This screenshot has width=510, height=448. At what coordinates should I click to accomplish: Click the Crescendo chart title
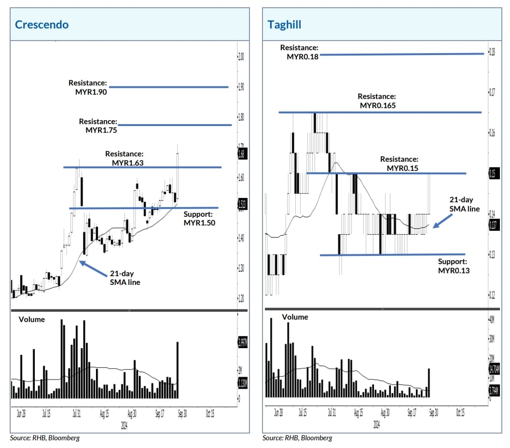coord(41,25)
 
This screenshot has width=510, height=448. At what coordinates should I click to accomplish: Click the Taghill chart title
coord(285,25)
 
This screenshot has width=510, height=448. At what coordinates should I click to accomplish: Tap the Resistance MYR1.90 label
coord(87,87)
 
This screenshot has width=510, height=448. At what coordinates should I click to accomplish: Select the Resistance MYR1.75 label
coord(98,126)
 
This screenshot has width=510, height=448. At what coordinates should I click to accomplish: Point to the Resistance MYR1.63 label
coord(124,158)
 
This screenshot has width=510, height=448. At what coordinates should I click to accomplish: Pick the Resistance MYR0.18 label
coord(299,52)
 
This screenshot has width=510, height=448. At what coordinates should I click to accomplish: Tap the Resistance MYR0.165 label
coord(377,101)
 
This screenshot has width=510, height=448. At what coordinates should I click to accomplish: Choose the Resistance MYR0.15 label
coord(399,164)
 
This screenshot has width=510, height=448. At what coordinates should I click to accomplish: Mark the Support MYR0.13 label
coord(454,266)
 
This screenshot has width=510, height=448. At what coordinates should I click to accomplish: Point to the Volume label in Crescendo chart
coord(32,319)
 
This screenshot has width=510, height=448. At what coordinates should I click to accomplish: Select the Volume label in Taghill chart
coord(295,317)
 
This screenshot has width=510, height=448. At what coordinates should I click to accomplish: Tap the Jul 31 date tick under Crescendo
coord(76,414)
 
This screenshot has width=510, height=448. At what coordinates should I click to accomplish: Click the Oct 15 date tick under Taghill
coord(459,413)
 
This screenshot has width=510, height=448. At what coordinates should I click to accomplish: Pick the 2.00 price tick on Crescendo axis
coord(241,56)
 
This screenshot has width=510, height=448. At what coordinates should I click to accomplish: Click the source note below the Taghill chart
coord(297,438)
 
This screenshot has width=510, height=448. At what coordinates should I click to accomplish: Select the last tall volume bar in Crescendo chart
coord(178,370)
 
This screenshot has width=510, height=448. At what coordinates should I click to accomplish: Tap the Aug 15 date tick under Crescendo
coord(104,414)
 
